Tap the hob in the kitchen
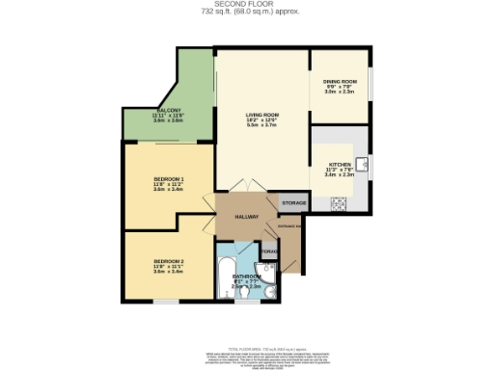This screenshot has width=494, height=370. click(x=339, y=203)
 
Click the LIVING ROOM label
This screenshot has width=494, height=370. click(x=261, y=114)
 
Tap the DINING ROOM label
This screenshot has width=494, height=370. click(x=341, y=81)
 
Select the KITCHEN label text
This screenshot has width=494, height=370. click(x=340, y=164)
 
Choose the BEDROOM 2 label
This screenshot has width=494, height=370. click(x=168, y=260)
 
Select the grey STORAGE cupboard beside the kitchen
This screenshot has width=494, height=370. click(x=293, y=203)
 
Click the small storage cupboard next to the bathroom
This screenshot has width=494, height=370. click(x=268, y=252)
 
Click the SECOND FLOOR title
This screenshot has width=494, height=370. click(x=247, y=5)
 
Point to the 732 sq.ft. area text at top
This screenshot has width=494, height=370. click(x=247, y=13)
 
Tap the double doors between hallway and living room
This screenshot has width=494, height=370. click(x=248, y=186)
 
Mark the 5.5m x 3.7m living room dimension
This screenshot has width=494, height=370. click(x=261, y=125)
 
